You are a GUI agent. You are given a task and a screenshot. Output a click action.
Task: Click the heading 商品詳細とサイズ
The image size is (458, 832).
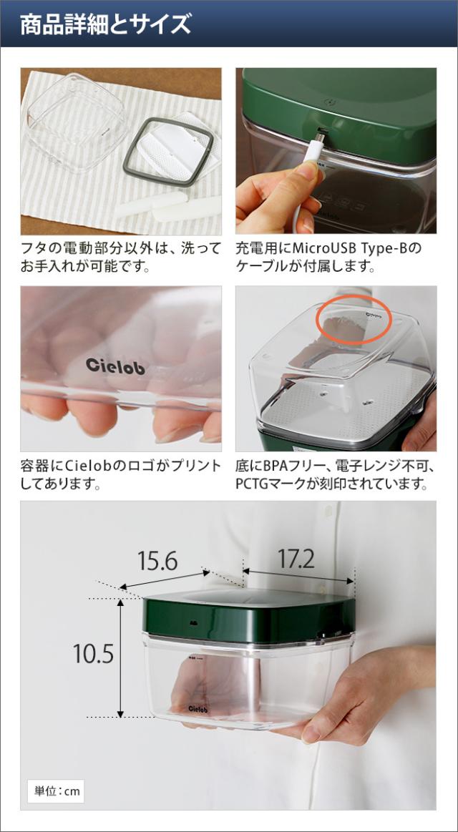point(106,24)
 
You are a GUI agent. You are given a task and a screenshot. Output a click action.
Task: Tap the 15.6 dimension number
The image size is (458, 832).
point(157,562)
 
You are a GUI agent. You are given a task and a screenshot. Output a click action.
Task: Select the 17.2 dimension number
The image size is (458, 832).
point(296,559)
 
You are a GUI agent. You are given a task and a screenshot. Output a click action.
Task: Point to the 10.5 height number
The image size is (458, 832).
point(93,653)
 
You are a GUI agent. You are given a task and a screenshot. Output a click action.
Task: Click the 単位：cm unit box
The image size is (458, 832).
point(56,791)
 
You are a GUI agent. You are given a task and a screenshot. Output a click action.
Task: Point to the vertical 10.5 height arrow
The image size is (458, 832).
point(120,657)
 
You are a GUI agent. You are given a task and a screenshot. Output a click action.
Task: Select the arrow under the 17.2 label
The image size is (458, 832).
point(298,576)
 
